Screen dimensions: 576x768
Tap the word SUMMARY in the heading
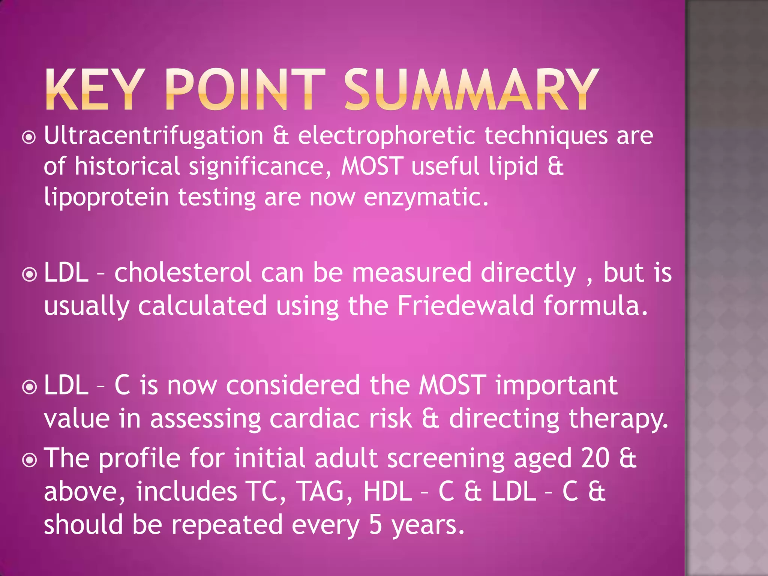tap(471, 90)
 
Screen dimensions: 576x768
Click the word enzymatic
tap(426, 197)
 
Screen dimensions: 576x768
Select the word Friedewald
tap(465, 306)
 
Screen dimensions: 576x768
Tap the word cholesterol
tap(183, 273)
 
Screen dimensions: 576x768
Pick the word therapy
tap(618, 419)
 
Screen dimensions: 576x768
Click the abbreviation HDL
tap(388, 492)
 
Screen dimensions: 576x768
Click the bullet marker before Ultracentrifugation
tap(29, 138)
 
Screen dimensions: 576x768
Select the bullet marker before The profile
tap(29, 460)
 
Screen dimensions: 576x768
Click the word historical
tap(127, 166)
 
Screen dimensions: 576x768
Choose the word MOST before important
tap(453, 385)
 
